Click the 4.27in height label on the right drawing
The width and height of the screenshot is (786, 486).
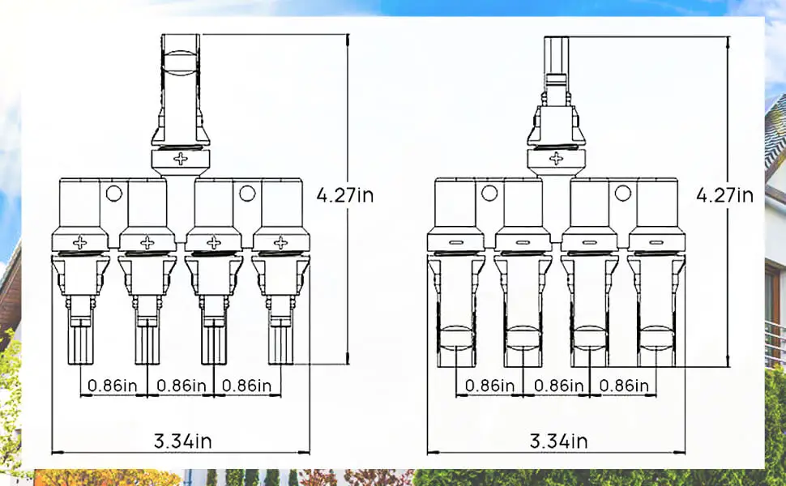point(724,195)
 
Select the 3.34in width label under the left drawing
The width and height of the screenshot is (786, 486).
point(183,441)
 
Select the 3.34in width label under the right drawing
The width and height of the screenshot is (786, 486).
point(559,441)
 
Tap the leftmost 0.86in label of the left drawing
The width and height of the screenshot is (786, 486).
point(113,386)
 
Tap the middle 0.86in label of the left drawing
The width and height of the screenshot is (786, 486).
point(180,386)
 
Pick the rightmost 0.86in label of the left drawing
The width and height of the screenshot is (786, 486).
point(246,386)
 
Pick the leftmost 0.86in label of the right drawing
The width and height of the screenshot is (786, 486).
point(489,386)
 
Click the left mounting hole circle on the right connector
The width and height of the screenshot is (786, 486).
point(489,193)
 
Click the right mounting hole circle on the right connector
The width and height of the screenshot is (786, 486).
point(622,193)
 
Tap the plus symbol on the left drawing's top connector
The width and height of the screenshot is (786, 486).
point(181,159)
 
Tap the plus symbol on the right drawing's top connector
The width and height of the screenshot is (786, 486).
point(556,159)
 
